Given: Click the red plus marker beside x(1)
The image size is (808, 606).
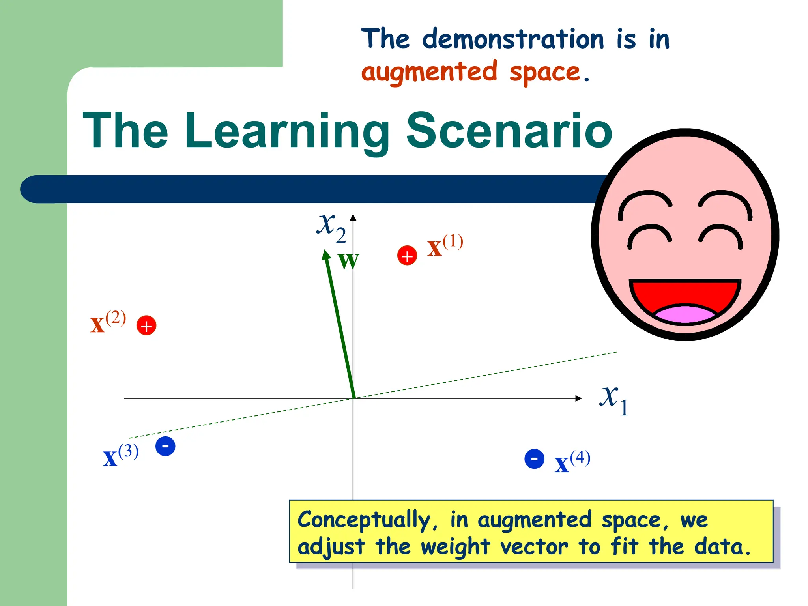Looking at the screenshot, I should (x=407, y=256).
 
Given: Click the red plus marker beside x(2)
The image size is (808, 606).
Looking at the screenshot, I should (x=146, y=326).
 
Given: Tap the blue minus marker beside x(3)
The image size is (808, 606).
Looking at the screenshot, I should (x=165, y=446).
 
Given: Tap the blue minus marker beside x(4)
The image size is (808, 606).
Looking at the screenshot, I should (x=534, y=459).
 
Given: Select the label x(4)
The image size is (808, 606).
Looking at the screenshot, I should (x=572, y=462).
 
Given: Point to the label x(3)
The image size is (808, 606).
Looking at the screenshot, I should (x=120, y=456).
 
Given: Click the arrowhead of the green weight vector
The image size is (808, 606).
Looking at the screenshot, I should (x=326, y=255).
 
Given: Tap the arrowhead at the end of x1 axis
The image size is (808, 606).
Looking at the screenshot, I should (x=578, y=398).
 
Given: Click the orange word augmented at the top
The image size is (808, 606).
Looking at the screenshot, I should (x=429, y=72).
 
